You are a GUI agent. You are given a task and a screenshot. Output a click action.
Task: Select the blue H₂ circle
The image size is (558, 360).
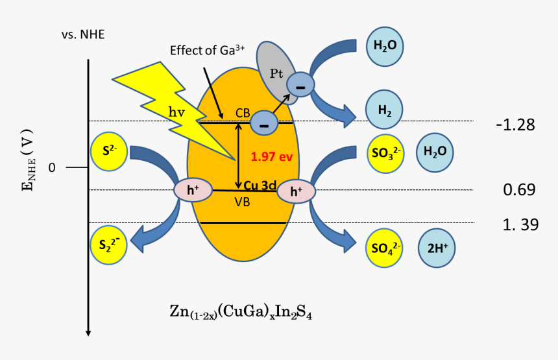tap(385, 110)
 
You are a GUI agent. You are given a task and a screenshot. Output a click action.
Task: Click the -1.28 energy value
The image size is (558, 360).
tap(515, 125)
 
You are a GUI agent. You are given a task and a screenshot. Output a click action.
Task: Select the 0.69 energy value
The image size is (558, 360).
tap(519, 189)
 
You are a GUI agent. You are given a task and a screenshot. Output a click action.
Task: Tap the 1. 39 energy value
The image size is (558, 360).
tap(520, 224)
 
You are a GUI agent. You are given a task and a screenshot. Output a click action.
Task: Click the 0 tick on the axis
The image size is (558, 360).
tap(52, 167)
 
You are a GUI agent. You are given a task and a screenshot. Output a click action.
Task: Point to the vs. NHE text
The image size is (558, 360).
tap(83, 34)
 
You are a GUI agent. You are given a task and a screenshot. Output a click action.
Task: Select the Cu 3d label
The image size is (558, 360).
tap(260, 186)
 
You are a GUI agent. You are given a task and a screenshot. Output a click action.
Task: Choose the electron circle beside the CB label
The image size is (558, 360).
tap(263, 121)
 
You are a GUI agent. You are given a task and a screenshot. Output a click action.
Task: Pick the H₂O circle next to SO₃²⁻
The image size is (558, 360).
tap(434, 152)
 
